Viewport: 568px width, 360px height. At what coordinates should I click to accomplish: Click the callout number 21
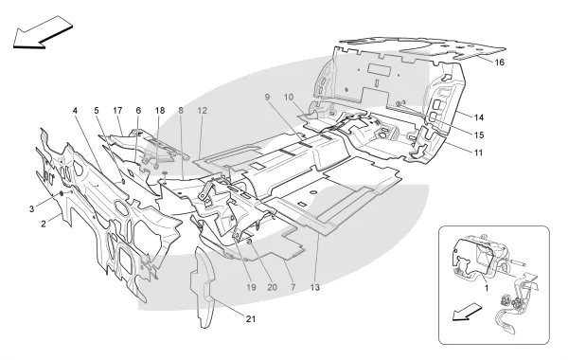pos(251,319)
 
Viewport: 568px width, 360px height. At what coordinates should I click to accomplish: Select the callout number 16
pos(499,63)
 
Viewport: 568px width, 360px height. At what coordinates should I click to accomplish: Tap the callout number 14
pos(479,117)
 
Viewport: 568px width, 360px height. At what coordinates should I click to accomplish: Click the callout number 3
pos(32,209)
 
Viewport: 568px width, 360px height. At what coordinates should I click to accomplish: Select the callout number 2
pos(44,224)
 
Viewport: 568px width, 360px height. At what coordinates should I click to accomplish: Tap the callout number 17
pos(117,110)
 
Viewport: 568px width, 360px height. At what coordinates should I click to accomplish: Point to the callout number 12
pos(203,110)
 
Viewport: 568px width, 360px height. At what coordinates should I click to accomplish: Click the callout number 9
pos(268,98)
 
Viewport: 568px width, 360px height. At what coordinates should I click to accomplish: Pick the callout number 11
pos(478,153)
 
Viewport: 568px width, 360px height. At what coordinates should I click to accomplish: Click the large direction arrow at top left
pos(43,32)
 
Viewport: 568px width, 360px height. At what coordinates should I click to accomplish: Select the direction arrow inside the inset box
pos(468,312)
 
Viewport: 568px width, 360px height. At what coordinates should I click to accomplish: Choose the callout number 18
pos(160,110)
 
